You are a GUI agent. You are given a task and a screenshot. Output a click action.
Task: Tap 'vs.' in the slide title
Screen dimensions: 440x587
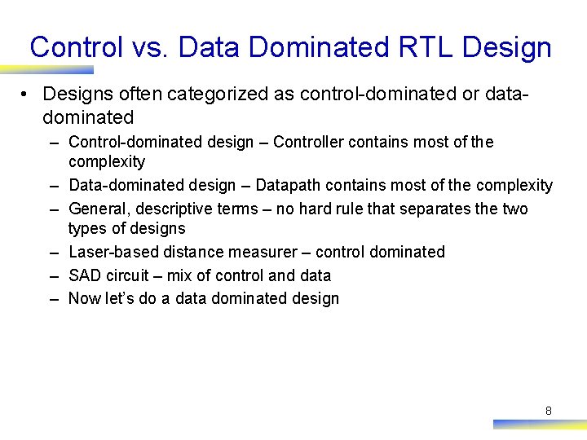150,47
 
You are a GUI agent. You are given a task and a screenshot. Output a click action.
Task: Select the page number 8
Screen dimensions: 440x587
548,411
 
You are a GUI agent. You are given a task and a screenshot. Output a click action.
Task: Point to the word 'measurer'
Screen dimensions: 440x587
263,252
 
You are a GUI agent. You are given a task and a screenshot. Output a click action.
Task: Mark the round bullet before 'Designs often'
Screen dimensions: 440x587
27,95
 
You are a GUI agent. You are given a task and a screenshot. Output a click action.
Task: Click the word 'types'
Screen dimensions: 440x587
88,229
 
